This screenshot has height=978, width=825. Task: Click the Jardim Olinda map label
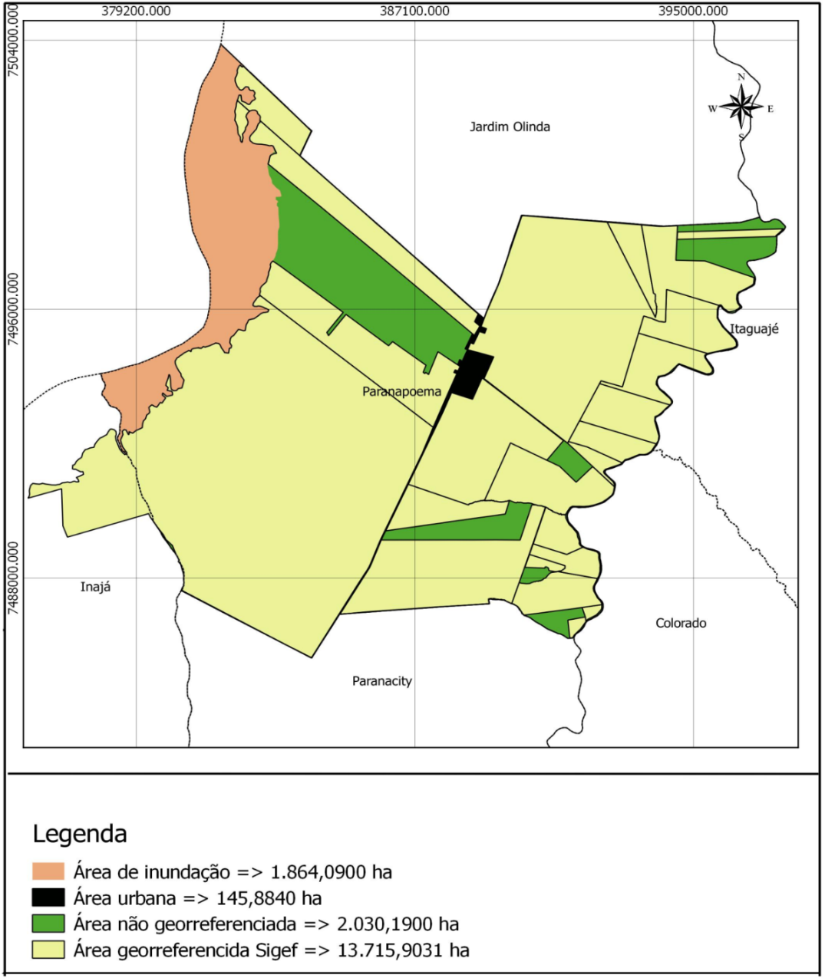point(510,127)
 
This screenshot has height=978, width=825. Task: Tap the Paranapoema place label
point(401,391)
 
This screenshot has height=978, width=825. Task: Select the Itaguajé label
point(754,329)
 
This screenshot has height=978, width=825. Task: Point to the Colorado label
point(681,623)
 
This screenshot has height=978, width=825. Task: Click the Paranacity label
point(382,681)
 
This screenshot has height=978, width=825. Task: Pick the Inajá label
point(95,587)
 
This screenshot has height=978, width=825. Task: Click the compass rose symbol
point(741,107)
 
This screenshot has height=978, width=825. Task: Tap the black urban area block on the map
point(472,374)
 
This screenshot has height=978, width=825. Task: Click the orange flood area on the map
point(230,230)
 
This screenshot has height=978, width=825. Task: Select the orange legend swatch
point(48,871)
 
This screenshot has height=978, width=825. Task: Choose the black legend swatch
point(48,897)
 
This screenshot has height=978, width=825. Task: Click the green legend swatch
point(48,924)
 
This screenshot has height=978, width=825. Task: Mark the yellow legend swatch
point(48,950)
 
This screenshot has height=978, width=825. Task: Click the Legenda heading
point(80,834)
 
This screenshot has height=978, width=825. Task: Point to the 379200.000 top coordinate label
point(136,11)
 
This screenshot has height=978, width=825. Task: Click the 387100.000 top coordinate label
point(414,11)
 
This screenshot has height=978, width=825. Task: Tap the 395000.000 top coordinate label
point(693,11)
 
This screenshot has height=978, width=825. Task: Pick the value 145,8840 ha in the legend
point(269,898)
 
